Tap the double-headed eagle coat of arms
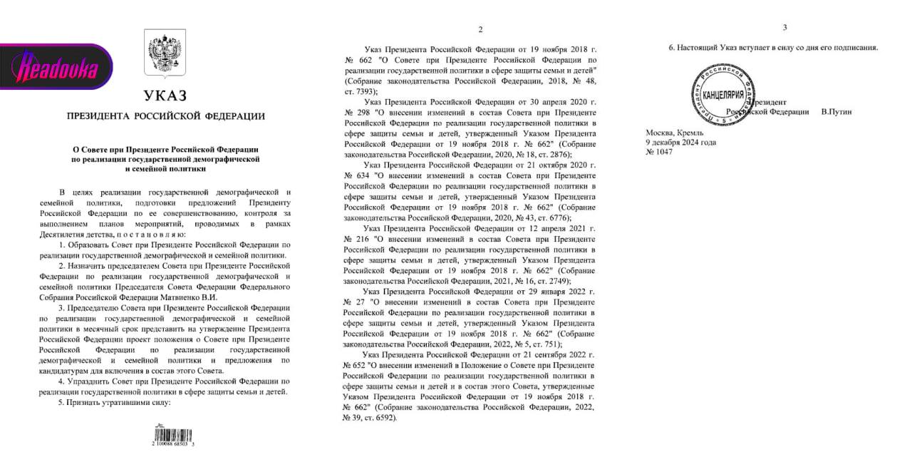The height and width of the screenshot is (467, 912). point(165,52)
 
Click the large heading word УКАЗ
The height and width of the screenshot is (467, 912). point(165,96)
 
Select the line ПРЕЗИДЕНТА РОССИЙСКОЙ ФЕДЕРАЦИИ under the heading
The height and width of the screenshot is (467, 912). point(165,116)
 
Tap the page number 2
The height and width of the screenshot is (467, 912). point(480,29)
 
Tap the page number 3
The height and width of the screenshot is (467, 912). point(784,27)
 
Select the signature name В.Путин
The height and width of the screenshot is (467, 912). point(836,112)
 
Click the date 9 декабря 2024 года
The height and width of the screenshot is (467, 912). point(680,142)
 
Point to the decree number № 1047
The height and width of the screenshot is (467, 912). point(660,152)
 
